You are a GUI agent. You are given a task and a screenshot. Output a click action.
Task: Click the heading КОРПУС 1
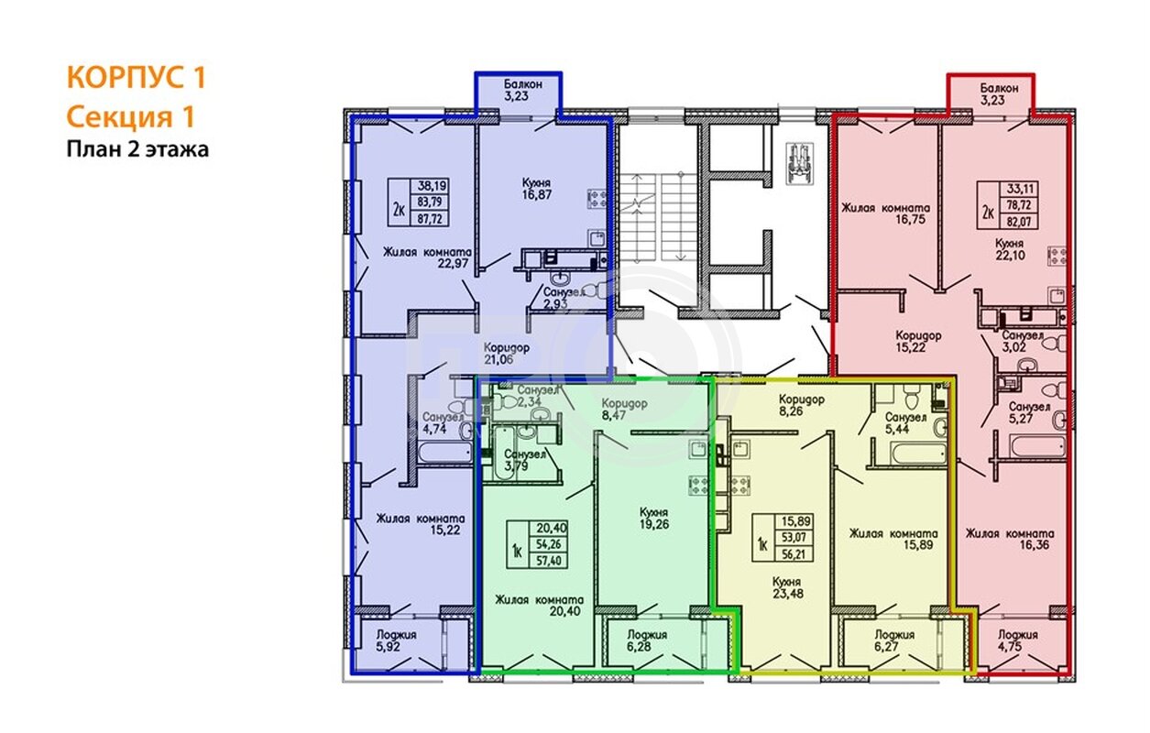click(136, 77)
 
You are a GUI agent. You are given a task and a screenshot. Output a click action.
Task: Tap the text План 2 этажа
click(137, 149)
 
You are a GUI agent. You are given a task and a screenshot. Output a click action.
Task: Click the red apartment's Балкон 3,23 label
click(999, 94)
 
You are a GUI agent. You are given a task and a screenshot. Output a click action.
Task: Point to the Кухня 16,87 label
click(536, 189)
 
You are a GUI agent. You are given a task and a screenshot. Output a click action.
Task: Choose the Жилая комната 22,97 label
click(427, 257)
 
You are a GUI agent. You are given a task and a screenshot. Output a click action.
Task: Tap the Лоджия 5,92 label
click(396, 640)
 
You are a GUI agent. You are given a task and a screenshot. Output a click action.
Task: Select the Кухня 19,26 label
click(654, 518)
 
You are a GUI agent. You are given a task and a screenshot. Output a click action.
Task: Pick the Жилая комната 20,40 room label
click(539, 606)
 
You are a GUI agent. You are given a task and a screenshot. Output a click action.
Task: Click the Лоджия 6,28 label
click(647, 640)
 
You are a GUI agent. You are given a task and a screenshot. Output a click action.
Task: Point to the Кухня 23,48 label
click(787, 587)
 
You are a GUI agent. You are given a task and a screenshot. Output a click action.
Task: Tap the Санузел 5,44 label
click(905, 423)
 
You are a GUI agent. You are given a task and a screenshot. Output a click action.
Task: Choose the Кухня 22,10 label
click(1010, 249)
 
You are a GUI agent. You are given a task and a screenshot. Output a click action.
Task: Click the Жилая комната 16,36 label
click(1010, 539)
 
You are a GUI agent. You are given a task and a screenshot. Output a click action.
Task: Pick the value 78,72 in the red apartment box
click(1019, 205)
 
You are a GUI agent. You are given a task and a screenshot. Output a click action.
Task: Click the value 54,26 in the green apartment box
click(548, 544)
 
